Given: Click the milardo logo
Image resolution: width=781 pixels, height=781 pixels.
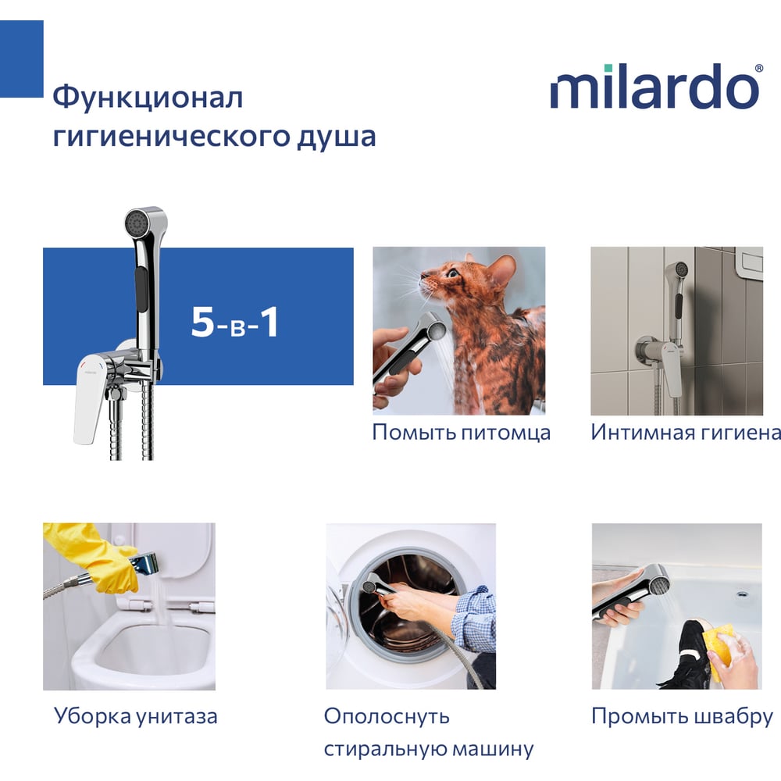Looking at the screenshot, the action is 657,86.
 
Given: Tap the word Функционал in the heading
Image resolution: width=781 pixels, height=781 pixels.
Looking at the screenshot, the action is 148,98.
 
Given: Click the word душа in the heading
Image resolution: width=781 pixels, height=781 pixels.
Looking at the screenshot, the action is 337,137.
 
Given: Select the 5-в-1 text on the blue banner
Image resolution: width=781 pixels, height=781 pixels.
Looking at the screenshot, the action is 234,323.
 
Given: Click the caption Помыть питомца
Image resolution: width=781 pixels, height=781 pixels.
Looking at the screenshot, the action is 462,433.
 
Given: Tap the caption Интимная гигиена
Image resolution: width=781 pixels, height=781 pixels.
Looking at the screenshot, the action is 686,433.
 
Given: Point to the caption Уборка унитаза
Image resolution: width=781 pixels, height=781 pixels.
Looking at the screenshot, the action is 135,717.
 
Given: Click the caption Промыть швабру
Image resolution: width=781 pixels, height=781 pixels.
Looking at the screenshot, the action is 682,717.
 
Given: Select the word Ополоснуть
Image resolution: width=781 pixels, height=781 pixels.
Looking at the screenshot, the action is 387,717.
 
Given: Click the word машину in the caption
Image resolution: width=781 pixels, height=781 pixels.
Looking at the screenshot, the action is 487,749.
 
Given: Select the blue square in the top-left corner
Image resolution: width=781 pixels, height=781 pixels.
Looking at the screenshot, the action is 21,59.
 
